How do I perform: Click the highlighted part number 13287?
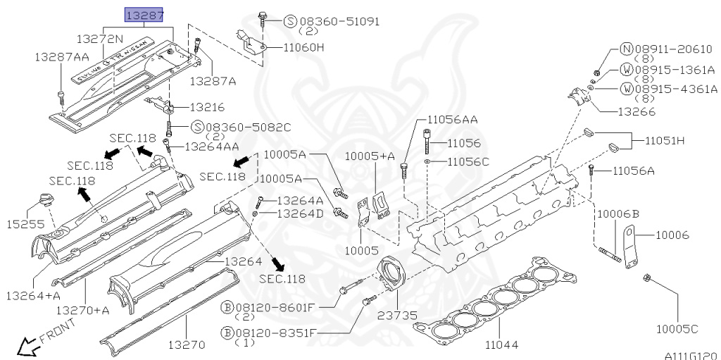(x=145, y=15)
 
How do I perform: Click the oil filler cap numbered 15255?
(x=46, y=201)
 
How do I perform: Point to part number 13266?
(x=637, y=112)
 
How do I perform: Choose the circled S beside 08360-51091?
(x=290, y=21)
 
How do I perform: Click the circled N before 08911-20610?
(x=627, y=50)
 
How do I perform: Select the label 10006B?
(x=617, y=213)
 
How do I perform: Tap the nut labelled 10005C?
(x=647, y=278)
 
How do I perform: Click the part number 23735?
(x=397, y=316)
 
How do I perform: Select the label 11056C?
(x=468, y=161)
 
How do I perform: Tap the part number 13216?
(x=207, y=107)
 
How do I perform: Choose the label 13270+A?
(x=83, y=310)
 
